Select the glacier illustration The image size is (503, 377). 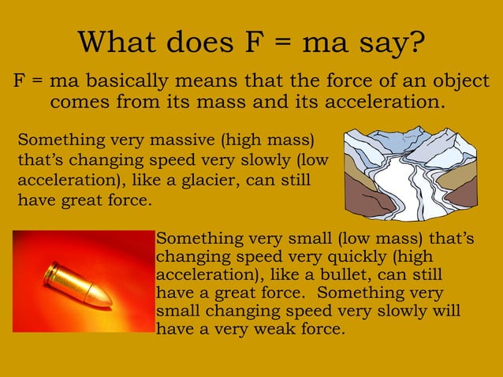point(411,172)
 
